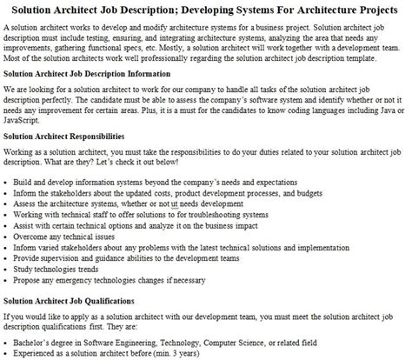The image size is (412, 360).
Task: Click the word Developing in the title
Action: [x=222, y=8]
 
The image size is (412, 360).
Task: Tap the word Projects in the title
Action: [x=374, y=8]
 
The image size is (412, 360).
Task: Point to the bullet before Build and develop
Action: [x=7, y=180]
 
